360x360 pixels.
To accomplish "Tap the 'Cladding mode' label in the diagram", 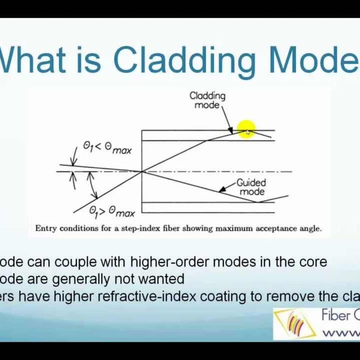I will [207, 100].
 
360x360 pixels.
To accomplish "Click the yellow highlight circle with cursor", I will [246, 129].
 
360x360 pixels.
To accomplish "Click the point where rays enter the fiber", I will [142, 172].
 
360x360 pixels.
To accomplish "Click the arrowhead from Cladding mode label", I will [231, 131].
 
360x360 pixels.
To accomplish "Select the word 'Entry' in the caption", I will [46, 229].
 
